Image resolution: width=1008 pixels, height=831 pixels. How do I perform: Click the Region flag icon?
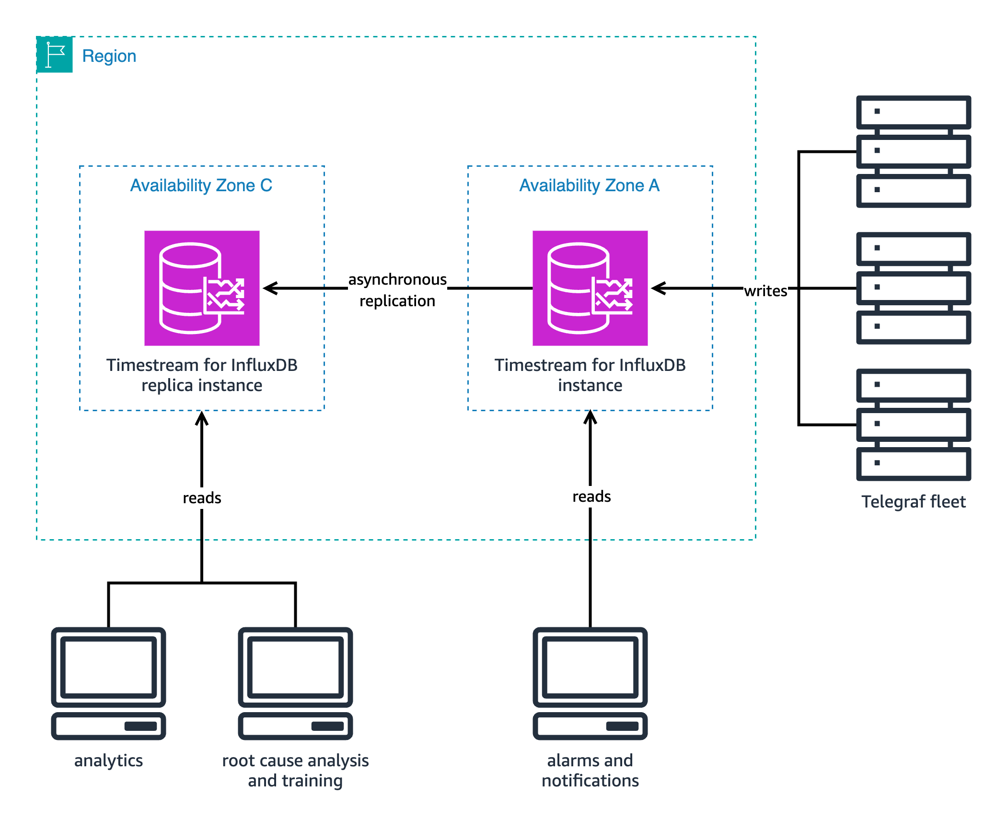click(x=55, y=55)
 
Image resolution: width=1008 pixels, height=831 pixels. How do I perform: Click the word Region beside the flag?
click(x=109, y=56)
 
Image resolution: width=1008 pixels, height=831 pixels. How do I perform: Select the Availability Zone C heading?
click(x=201, y=185)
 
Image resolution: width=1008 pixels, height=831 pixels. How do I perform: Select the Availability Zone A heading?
click(x=590, y=185)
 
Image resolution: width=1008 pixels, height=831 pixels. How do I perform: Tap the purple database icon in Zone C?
click(x=202, y=288)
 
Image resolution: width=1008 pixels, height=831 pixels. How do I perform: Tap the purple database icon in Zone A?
click(x=590, y=288)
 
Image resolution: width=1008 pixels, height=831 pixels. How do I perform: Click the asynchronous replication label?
click(x=397, y=290)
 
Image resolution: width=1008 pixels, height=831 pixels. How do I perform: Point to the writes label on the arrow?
click(x=765, y=291)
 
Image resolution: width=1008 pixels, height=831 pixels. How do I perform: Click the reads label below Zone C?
click(x=202, y=498)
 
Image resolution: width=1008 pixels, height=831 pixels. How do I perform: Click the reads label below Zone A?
click(x=591, y=496)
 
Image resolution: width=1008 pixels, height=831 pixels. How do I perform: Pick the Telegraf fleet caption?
click(x=913, y=502)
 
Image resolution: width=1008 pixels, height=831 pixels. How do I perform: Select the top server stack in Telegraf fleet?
click(x=914, y=151)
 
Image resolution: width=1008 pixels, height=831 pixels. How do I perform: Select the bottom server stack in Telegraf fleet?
click(x=914, y=425)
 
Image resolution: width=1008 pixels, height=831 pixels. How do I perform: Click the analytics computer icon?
click(x=109, y=683)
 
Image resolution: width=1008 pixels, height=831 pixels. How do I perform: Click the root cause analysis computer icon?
click(x=295, y=683)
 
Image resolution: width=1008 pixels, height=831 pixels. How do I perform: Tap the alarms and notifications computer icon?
click(x=590, y=683)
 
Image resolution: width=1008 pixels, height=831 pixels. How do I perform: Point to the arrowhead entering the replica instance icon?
click(x=270, y=288)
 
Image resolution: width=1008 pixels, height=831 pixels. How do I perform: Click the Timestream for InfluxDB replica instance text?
click(x=202, y=375)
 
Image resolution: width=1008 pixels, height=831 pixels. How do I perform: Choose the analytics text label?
click(x=109, y=761)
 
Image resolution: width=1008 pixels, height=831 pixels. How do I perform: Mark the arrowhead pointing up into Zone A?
click(x=590, y=417)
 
